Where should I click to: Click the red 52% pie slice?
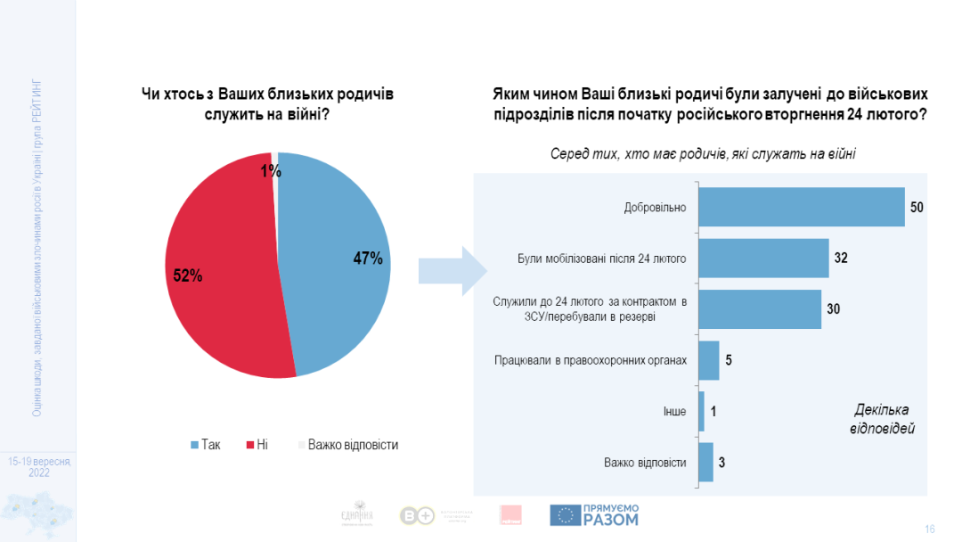tap(218, 267)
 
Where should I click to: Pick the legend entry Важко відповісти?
tap(347, 444)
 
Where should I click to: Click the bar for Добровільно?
tap(801, 207)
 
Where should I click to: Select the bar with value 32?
tap(763, 259)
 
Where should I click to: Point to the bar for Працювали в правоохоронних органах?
tap(709, 360)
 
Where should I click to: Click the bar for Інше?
tap(702, 411)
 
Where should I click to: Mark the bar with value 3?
tap(705, 462)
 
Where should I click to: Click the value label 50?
tap(917, 207)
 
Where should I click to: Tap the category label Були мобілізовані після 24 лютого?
tap(602, 259)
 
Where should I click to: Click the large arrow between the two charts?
tap(452, 271)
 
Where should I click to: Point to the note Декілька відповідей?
tap(882, 419)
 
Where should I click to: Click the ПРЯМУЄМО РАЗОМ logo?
tap(594, 514)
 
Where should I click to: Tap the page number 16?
tap(930, 529)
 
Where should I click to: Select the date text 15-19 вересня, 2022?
tap(38, 467)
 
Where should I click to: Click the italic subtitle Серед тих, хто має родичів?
tap(704, 153)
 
